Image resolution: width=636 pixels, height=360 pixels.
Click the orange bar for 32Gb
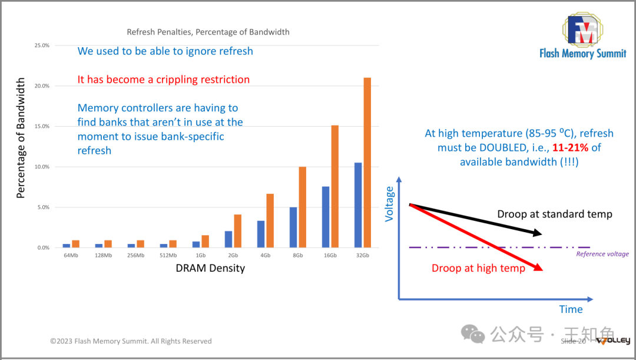click(367, 162)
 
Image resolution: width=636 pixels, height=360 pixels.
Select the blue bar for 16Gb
click(325, 217)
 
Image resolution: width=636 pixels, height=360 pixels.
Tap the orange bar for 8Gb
click(302, 207)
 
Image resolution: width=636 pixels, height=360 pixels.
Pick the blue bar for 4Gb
click(261, 234)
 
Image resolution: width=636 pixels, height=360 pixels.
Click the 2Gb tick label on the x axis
click(233, 256)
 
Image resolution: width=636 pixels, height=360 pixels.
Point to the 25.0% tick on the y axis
click(42, 45)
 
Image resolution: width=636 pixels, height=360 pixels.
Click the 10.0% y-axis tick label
click(42, 167)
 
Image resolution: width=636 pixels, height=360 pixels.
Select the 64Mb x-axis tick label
click(71, 256)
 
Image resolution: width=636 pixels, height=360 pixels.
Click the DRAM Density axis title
click(210, 268)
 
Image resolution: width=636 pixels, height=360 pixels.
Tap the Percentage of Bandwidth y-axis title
click(21, 138)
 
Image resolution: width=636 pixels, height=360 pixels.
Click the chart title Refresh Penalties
click(208, 32)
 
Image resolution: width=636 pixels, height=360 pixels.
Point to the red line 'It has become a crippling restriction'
click(164, 80)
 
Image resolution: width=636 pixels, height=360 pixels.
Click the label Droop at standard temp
click(555, 214)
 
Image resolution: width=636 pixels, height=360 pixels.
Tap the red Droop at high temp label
click(478, 269)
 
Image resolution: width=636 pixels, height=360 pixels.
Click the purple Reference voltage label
click(602, 254)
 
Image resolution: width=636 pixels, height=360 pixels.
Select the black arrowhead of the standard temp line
click(536, 233)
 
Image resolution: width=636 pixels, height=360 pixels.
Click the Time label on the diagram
click(571, 309)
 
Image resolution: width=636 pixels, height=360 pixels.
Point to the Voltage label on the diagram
click(389, 204)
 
